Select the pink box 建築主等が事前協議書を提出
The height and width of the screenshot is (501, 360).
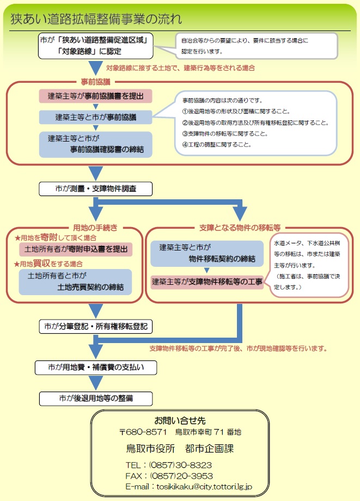95,96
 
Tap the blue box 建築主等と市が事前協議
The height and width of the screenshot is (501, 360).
95,117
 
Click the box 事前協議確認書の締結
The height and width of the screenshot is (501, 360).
95,143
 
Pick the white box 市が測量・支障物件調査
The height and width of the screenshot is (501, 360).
95,188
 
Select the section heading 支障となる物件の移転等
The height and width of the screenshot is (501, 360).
240,227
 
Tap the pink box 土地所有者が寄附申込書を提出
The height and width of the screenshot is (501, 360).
76,249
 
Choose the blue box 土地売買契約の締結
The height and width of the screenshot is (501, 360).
76,282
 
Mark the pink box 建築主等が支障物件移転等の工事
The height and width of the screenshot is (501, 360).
207,282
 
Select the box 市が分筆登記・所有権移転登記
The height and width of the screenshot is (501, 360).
96,327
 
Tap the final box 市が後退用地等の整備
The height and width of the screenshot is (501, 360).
95,398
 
